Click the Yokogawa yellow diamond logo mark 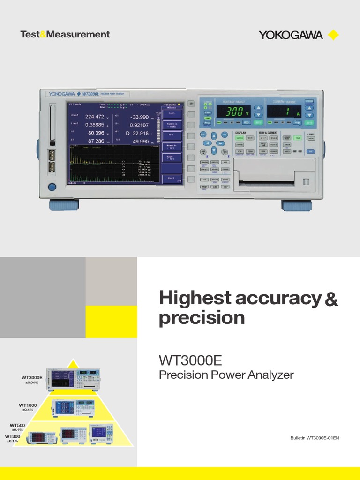(333, 35)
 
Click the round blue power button (52, 187)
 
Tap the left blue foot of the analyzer (64, 205)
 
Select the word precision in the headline (202, 318)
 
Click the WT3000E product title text (190, 361)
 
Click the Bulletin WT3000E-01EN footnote (315, 438)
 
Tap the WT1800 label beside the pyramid (28, 405)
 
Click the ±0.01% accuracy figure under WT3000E (32, 383)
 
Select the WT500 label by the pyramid (17, 425)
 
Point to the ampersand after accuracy (331, 299)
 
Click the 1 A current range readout (284, 112)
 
